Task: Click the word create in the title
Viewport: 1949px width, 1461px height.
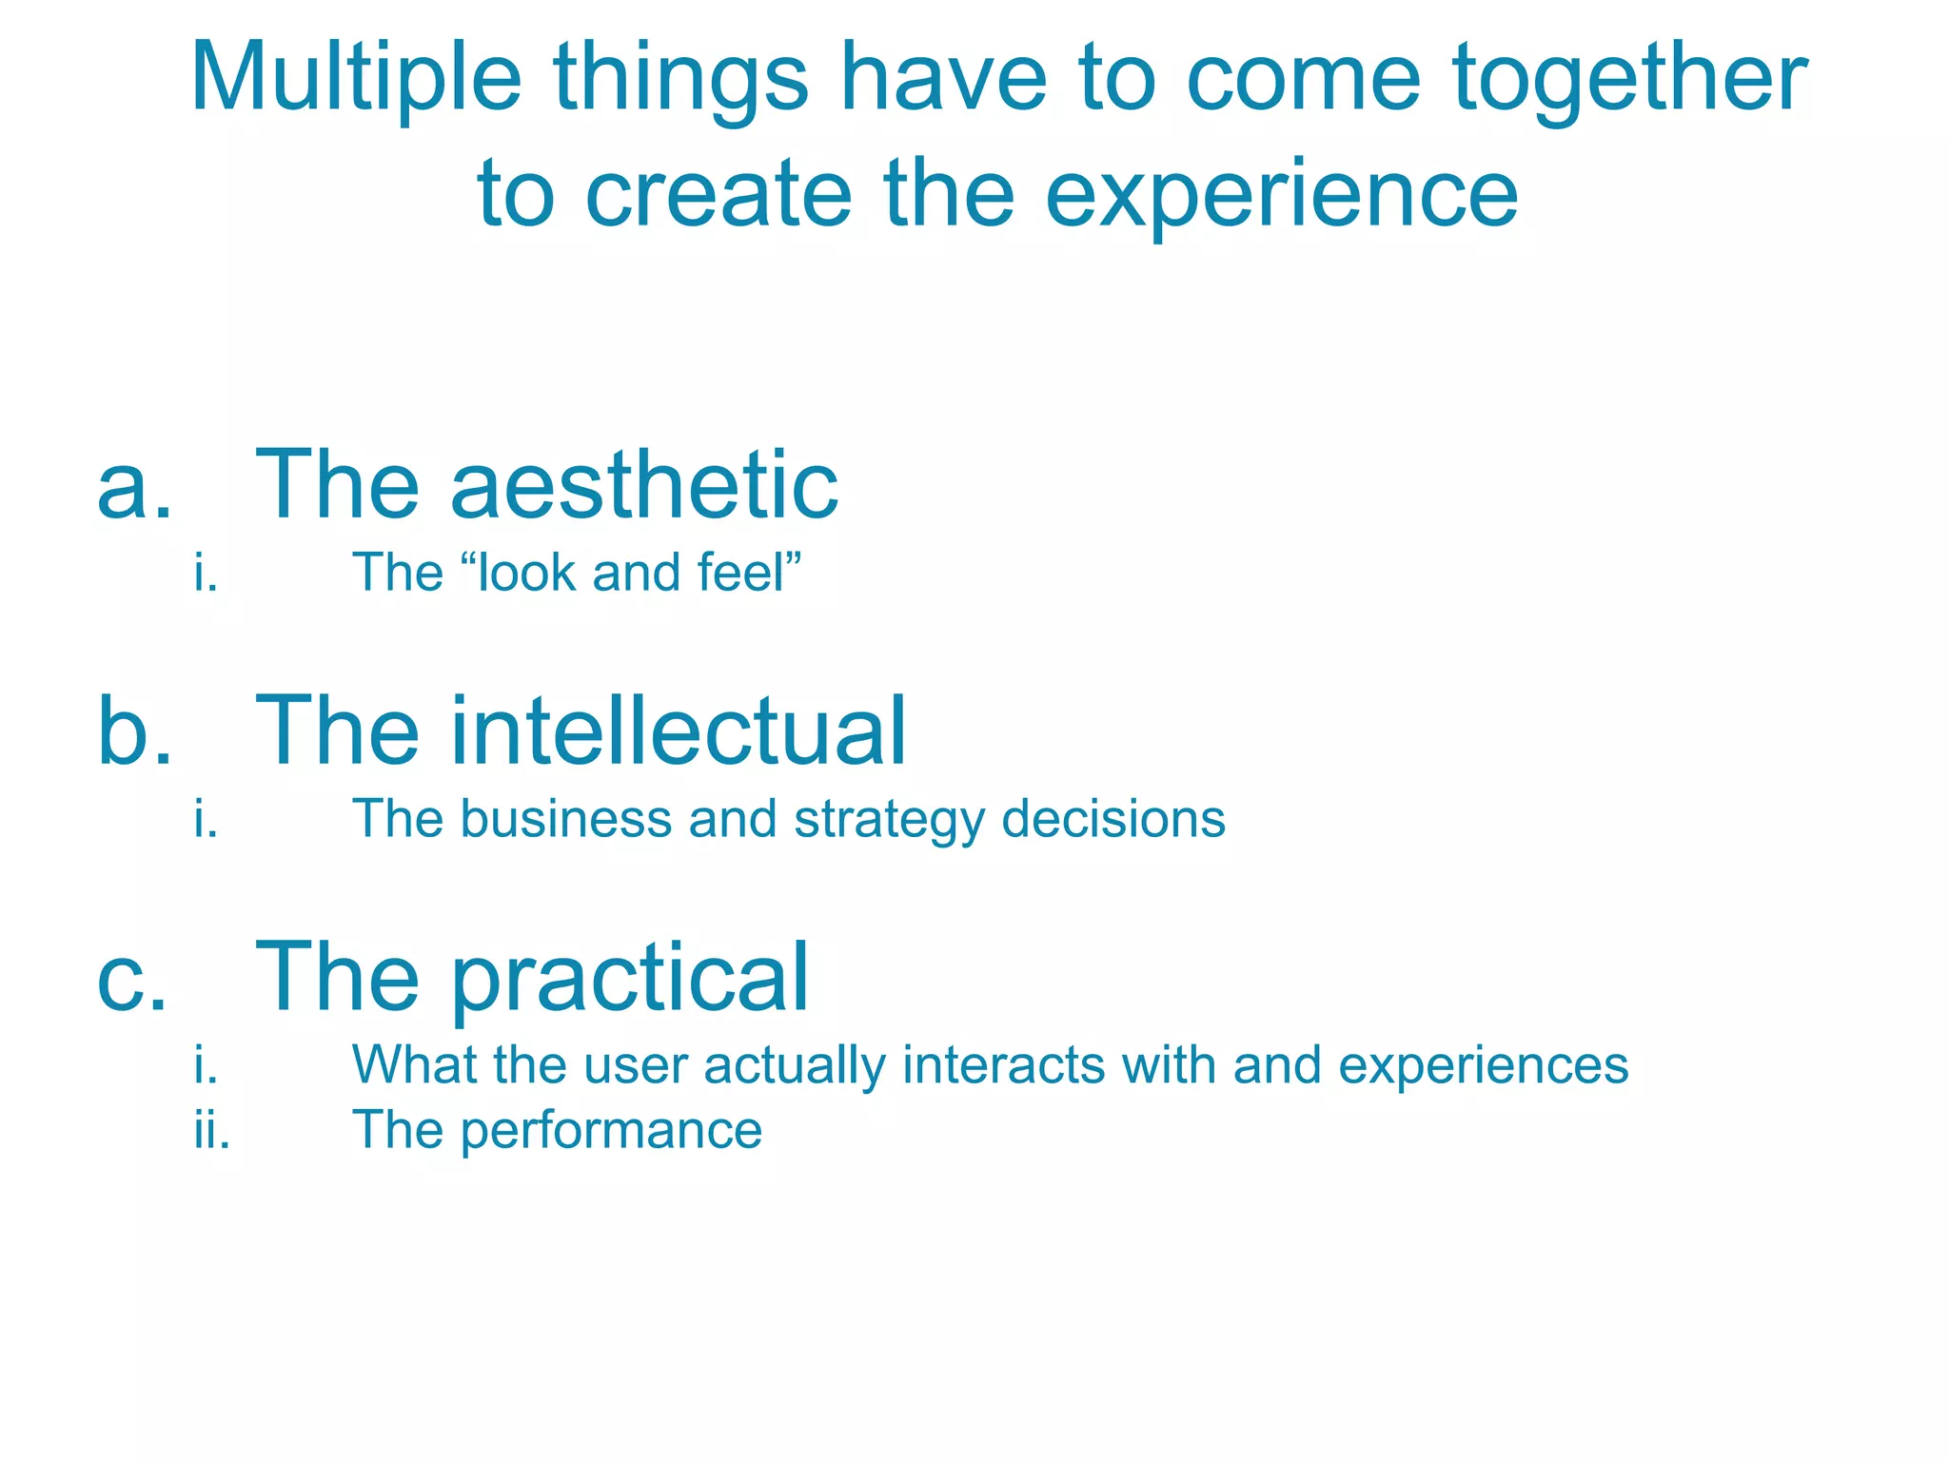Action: click(718, 195)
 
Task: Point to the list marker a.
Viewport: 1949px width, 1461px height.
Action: click(134, 487)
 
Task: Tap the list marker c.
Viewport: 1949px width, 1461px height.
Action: click(132, 978)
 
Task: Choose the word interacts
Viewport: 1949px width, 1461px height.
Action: click(1003, 1064)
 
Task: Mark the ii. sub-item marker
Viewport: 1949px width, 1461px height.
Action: click(211, 1130)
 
